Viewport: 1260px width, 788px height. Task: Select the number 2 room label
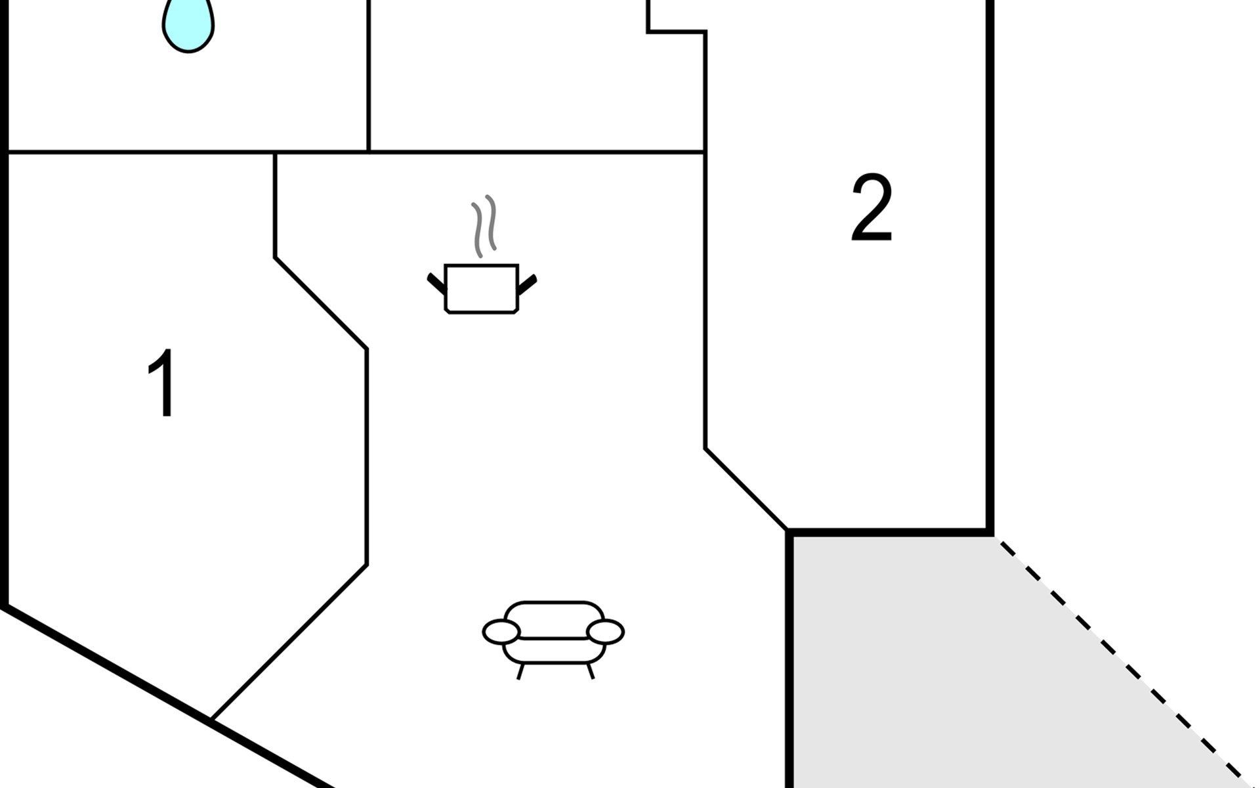[x=871, y=208]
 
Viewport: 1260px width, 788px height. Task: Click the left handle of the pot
[x=436, y=283]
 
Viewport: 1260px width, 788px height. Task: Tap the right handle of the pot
[x=528, y=284]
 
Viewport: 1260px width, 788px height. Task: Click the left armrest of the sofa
[x=501, y=632]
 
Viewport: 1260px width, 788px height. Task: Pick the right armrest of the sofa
[x=605, y=632]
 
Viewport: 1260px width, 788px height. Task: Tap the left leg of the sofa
[x=520, y=671]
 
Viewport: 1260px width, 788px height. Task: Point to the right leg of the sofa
[x=590, y=671]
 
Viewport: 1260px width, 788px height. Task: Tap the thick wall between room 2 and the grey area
[x=889, y=531]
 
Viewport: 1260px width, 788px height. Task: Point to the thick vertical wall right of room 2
[x=990, y=263]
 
